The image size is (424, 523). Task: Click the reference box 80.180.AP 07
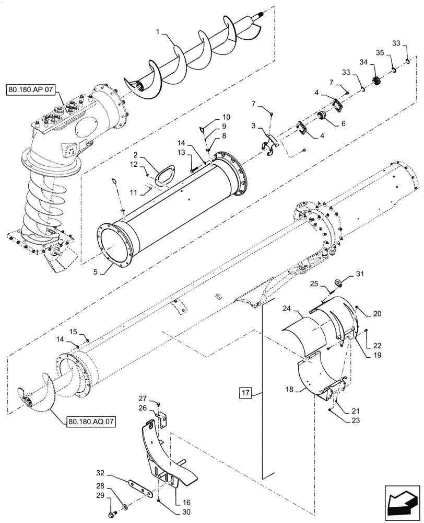pyautogui.click(x=34, y=90)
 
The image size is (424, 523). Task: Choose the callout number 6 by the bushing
pyautogui.click(x=343, y=124)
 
